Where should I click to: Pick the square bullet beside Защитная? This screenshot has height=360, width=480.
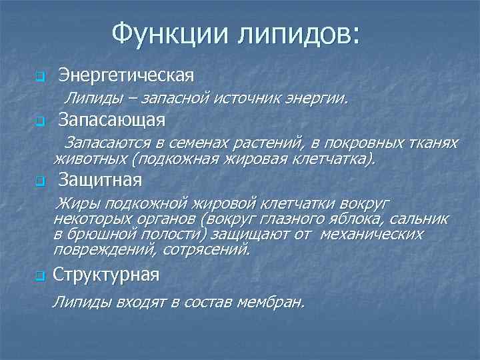(x=39, y=181)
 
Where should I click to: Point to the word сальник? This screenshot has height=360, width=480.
(x=419, y=219)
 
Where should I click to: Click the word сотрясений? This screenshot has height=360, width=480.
(x=212, y=250)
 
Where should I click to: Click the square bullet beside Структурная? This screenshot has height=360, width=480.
(x=39, y=276)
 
